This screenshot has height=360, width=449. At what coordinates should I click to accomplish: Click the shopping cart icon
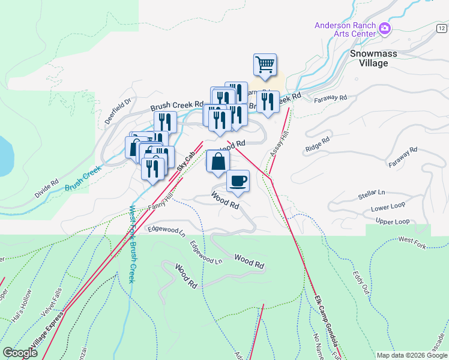pos(265,64)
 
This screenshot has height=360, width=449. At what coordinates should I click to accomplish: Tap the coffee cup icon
pos(238,180)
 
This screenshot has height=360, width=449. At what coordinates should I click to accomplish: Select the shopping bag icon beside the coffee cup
pos(218,161)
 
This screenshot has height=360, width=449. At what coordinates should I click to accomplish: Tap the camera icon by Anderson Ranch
pos(384,28)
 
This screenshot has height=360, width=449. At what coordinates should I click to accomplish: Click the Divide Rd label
pos(46,188)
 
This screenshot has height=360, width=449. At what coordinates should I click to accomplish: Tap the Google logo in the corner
pos(20,353)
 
